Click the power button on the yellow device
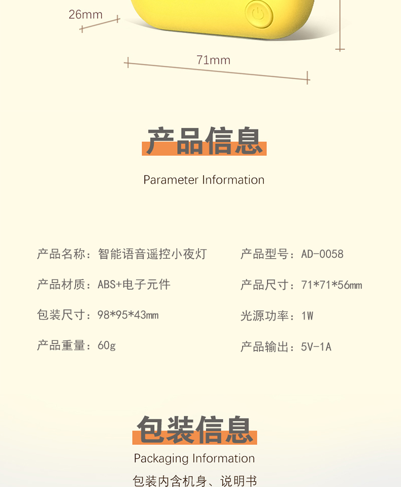(258, 13)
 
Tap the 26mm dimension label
(86, 15)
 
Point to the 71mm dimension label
(213, 60)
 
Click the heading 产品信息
(204, 141)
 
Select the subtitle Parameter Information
(204, 180)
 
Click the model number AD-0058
(322, 254)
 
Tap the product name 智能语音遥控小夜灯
(152, 254)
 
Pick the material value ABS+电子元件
(134, 284)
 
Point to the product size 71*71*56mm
(331, 285)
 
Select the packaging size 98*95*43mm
(128, 315)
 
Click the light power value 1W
(307, 316)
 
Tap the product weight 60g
(107, 345)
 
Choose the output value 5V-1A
(316, 347)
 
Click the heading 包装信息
(194, 430)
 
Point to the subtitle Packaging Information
(194, 459)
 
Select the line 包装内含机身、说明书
(194, 480)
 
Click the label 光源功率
(264, 316)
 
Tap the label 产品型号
(264, 254)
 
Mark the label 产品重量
(61, 345)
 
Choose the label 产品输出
(264, 347)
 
